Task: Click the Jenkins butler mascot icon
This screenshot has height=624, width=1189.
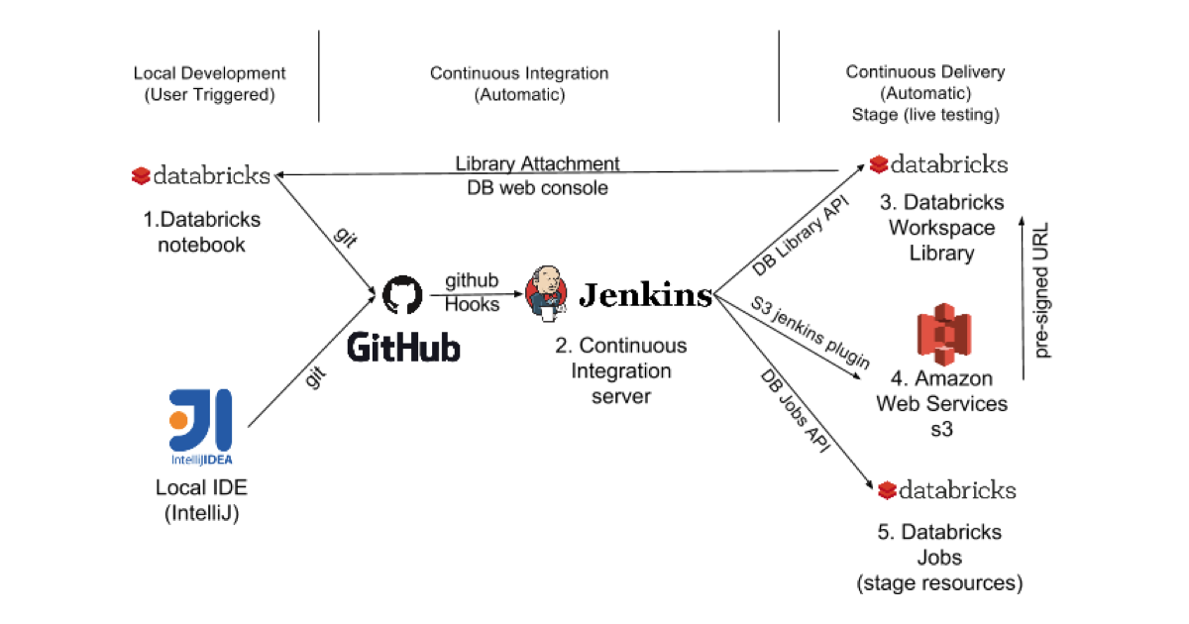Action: [x=546, y=293]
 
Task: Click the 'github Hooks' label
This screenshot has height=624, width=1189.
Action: [x=472, y=293]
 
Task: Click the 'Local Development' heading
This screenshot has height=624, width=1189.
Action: [x=209, y=73]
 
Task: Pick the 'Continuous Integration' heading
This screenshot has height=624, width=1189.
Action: [x=519, y=73]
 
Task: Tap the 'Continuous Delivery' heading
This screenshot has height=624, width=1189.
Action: [x=924, y=71]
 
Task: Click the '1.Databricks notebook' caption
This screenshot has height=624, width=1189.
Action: [x=201, y=231]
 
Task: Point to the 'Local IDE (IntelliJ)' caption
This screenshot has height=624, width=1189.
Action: [x=201, y=500]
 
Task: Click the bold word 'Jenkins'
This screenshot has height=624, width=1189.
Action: [x=645, y=294]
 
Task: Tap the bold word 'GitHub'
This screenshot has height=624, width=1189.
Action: [x=404, y=348]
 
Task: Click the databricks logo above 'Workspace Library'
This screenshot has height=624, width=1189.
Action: [x=938, y=164]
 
